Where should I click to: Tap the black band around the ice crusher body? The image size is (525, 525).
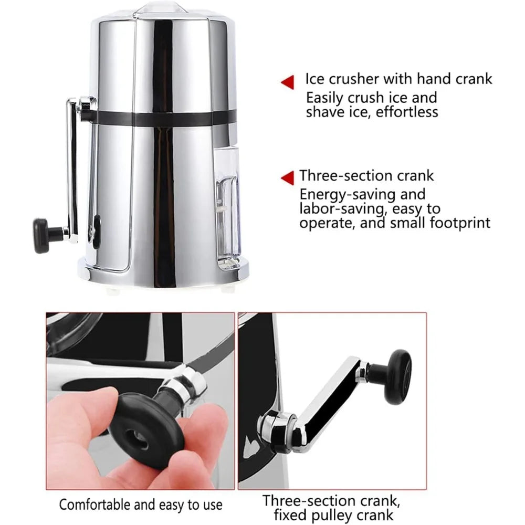pyautogui.click(x=157, y=118)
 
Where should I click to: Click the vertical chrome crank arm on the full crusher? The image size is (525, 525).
pyautogui.click(x=72, y=168)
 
